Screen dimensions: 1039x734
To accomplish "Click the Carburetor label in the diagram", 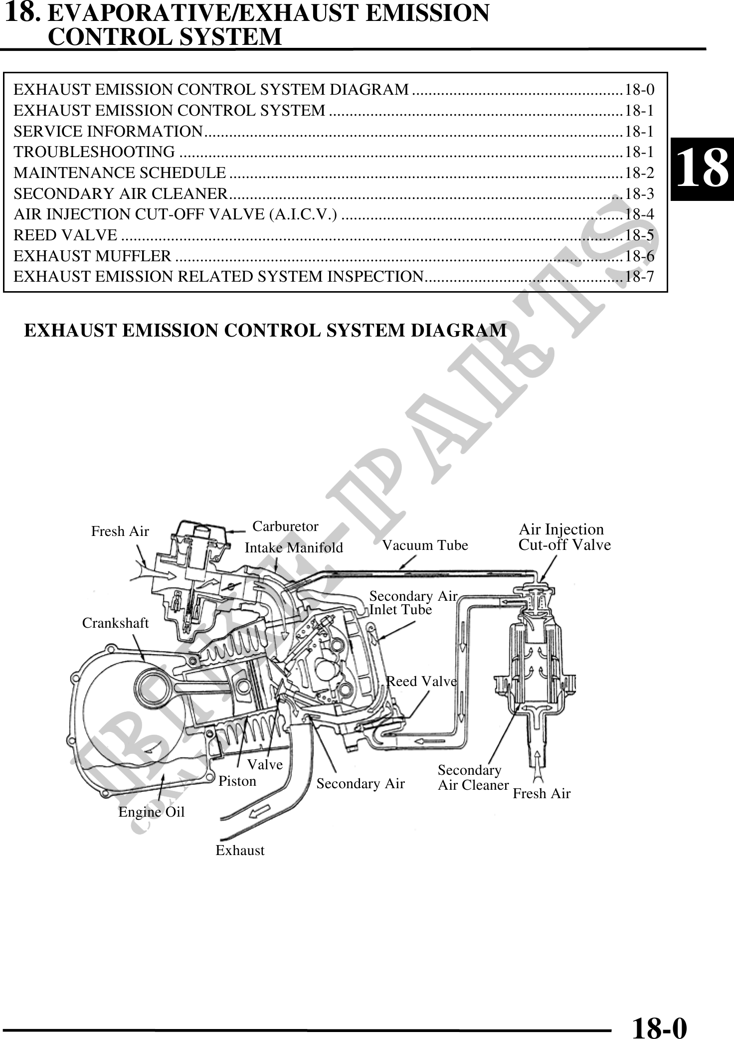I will click(x=285, y=526).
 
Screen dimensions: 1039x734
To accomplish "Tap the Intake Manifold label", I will click(x=294, y=548).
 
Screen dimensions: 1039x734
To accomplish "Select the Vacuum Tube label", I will click(x=425, y=545).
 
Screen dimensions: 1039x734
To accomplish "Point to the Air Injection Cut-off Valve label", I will click(x=564, y=537).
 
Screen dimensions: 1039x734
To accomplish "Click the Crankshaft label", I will click(x=115, y=623).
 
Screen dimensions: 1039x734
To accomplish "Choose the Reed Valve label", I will click(x=422, y=681).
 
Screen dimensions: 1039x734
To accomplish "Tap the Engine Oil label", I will click(x=151, y=812).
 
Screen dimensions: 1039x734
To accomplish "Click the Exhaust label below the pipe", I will click(x=240, y=850).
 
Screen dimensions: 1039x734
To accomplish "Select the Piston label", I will click(x=237, y=781).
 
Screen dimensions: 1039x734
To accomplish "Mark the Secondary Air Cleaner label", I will click(x=473, y=778).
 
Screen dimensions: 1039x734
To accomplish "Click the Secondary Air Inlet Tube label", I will click(x=413, y=603).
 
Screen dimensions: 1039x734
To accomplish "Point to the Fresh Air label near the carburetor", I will click(x=120, y=531).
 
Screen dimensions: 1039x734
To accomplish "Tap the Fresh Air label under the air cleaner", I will click(x=542, y=794).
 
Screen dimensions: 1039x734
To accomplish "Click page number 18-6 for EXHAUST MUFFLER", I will click(x=639, y=256).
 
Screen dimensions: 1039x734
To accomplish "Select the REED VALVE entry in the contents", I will click(x=66, y=234).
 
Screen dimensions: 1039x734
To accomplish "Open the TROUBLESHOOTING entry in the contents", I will click(x=94, y=152).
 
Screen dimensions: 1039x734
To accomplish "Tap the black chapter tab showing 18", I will click(x=702, y=169).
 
